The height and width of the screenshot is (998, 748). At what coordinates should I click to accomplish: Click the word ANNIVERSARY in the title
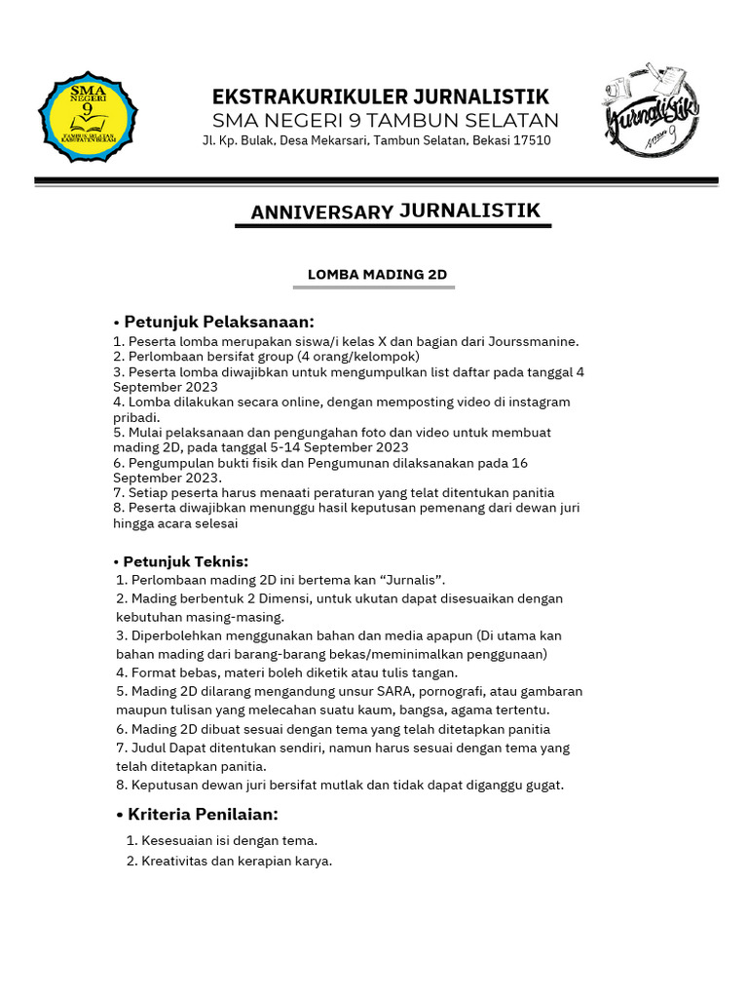click(x=321, y=212)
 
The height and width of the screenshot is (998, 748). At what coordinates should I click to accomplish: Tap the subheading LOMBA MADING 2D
click(x=377, y=275)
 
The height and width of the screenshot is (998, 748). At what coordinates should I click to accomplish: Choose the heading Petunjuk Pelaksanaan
click(x=219, y=322)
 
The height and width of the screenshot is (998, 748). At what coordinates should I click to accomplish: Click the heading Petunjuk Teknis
click(x=186, y=561)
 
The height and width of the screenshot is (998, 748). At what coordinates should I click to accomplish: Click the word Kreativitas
click(x=179, y=861)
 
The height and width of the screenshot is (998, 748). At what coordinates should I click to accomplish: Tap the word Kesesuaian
click(x=177, y=840)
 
